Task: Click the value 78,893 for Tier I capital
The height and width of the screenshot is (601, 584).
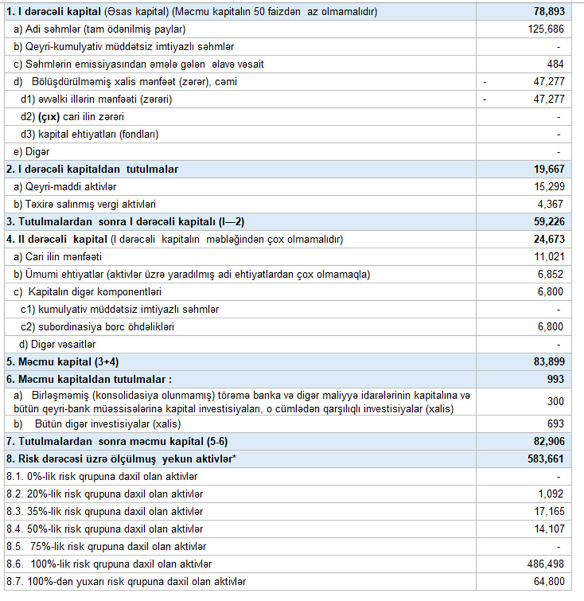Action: (x=547, y=12)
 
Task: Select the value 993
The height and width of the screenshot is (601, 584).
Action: (x=555, y=380)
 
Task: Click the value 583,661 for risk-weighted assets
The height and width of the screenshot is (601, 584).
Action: (x=545, y=459)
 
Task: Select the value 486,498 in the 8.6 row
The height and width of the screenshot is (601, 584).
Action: (x=544, y=564)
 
